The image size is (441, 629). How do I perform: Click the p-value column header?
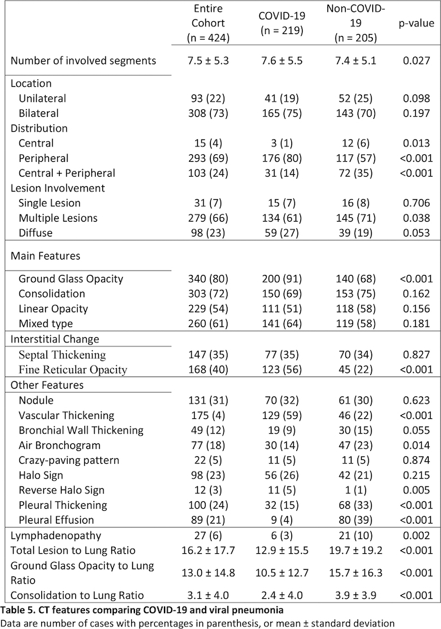[416, 23]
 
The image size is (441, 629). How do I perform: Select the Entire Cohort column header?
[208, 23]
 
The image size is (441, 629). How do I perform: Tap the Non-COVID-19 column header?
[355, 23]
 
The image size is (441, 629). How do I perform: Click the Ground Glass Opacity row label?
[71, 279]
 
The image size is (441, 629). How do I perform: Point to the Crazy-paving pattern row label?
[69, 460]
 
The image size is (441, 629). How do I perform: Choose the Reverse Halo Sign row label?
[62, 490]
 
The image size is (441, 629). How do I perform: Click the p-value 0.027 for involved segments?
[416, 60]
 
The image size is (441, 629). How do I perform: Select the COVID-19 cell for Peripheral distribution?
[282, 158]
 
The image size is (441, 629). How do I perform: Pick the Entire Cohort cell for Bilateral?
[208, 113]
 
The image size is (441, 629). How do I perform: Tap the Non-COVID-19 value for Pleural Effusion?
[355, 520]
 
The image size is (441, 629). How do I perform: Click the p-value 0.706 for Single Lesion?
[416, 203]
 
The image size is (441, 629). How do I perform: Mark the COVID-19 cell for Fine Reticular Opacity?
[282, 369]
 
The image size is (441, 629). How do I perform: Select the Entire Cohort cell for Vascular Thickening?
[208, 415]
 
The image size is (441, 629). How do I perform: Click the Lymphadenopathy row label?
[56, 536]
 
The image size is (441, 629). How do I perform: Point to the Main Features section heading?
[46, 256]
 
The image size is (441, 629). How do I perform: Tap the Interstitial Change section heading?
[55, 339]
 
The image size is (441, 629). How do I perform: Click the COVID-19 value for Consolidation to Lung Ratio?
[282, 596]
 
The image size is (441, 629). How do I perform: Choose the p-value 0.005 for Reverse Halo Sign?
[416, 490]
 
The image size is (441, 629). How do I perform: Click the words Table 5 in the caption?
[17, 610]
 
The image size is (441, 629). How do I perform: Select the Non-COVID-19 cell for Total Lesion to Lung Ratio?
[355, 551]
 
